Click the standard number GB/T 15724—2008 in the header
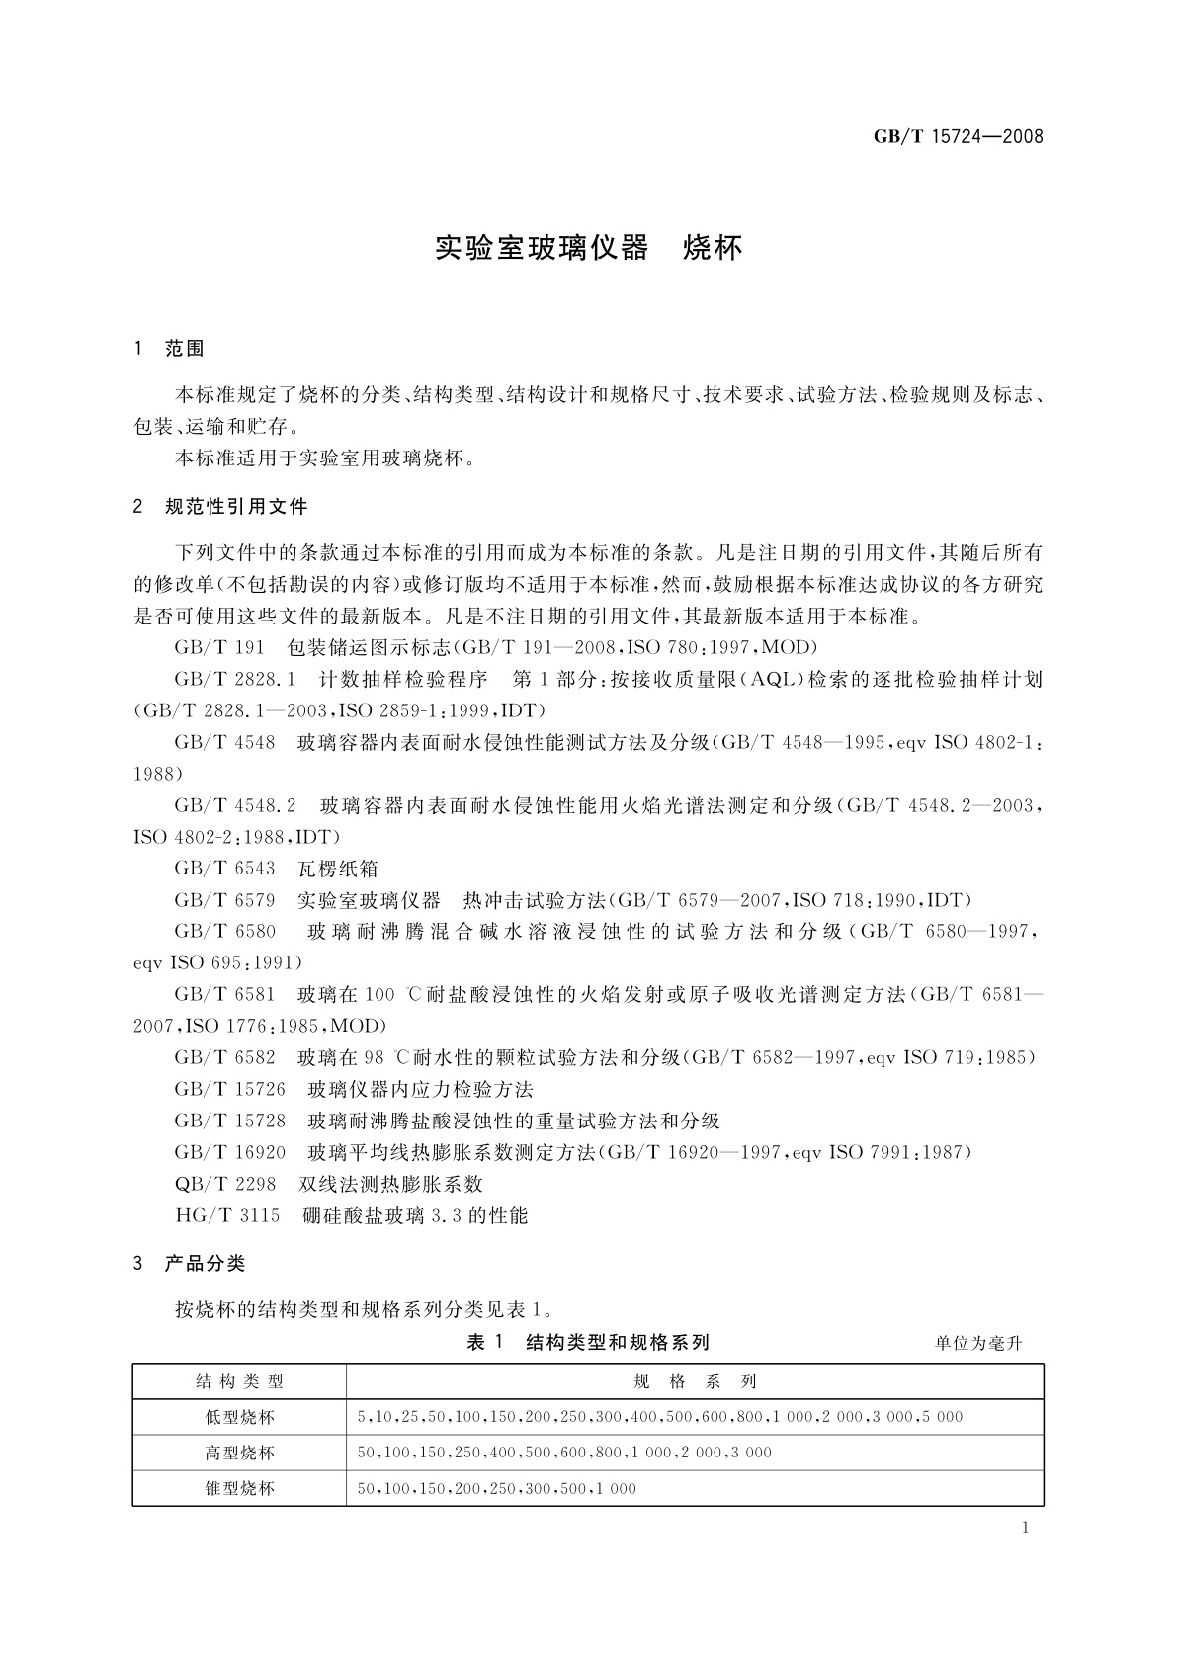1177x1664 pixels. coord(958,137)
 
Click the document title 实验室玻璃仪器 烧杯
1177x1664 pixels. coord(588,248)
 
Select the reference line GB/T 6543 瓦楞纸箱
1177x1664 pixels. coord(276,869)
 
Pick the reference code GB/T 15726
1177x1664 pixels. coord(229,1090)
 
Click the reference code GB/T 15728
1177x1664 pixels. coord(229,1122)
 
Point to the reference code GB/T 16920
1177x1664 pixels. coord(229,1153)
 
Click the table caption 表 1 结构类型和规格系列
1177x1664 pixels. coord(588,1342)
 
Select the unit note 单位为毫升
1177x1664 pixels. coord(977,1343)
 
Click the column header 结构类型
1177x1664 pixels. coord(239,1381)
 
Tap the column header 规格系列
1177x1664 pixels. coord(694,1381)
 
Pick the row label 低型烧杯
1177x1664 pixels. coord(239,1417)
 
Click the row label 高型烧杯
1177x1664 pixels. coord(239,1453)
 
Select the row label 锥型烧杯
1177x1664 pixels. coord(239,1488)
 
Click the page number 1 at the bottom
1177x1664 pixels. coord(1025,1529)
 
